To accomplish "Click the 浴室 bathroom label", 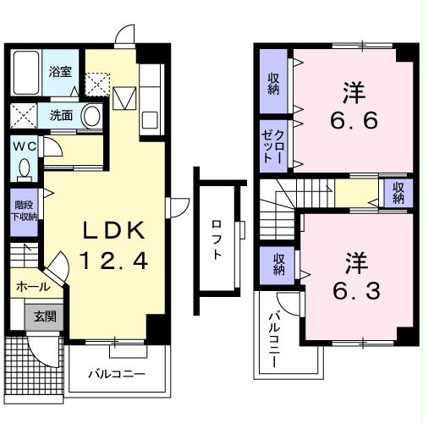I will [58, 73].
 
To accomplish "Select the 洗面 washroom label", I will [60, 116].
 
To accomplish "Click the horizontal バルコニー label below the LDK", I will [118, 373].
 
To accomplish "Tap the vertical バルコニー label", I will [274, 338].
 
